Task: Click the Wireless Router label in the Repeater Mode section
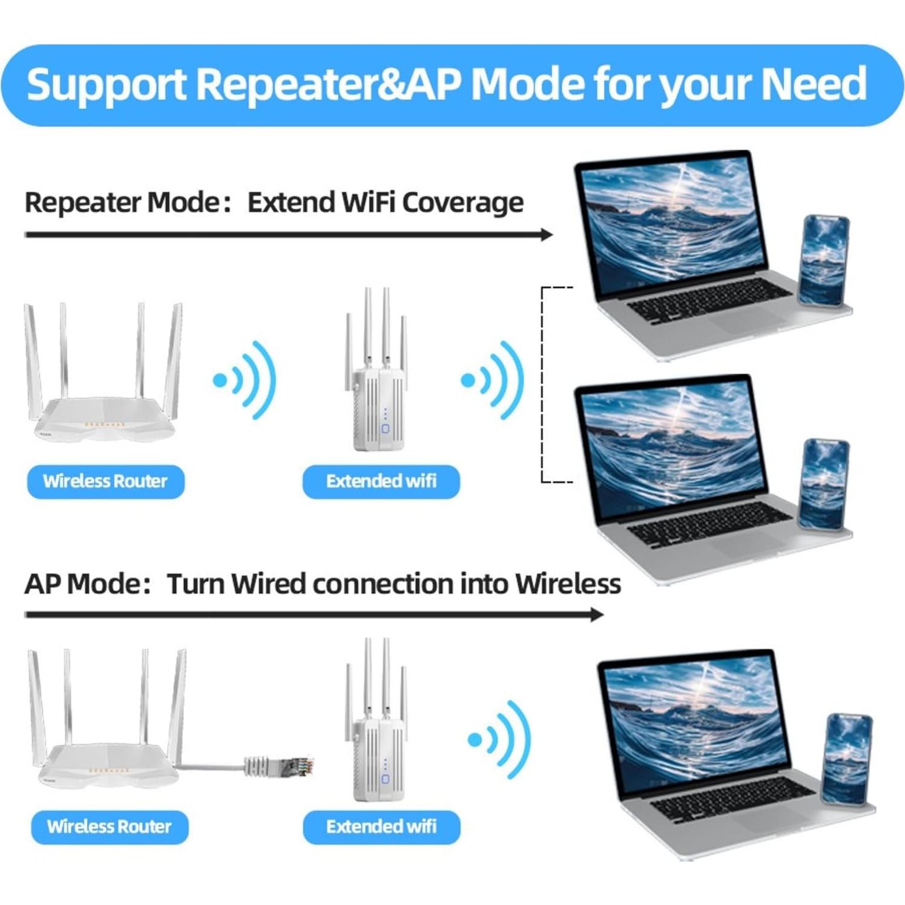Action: (105, 481)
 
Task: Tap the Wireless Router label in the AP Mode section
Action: (110, 827)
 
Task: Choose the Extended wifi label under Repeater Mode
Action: (381, 481)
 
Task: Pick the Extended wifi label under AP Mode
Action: (381, 827)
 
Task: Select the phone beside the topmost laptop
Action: (824, 260)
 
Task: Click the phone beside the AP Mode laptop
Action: (847, 760)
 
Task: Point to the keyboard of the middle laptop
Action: (708, 524)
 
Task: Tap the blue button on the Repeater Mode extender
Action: (386, 429)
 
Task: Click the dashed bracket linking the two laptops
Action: (543, 384)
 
